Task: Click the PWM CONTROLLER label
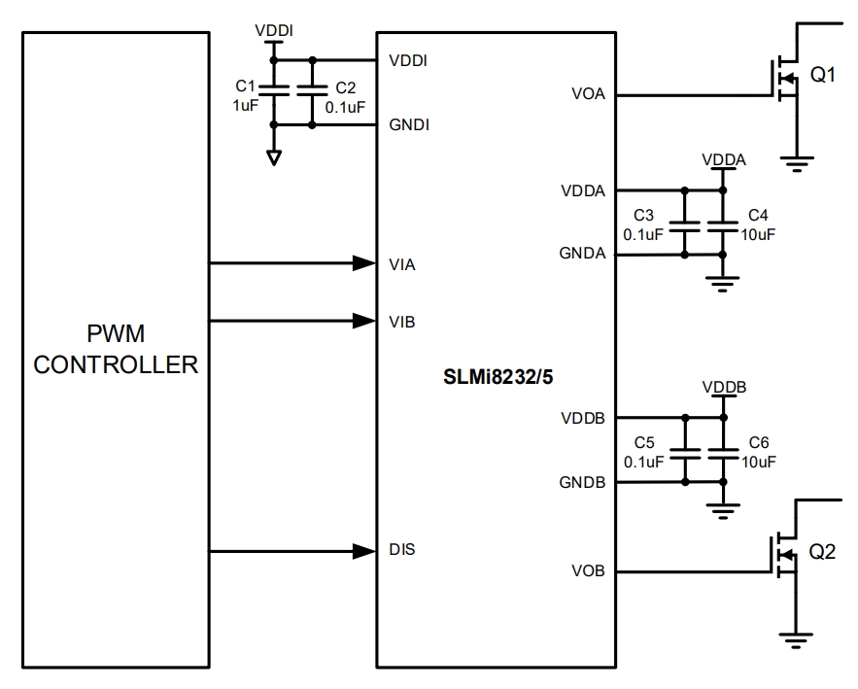[117, 351]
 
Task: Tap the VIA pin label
[401, 263]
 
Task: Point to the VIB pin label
[401, 322]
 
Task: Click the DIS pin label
[401, 551]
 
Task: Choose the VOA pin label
[588, 95]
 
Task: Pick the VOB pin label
[588, 571]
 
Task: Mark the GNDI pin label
[409, 125]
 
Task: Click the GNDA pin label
[583, 255]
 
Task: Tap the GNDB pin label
[583, 483]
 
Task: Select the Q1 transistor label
[822, 76]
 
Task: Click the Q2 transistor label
[822, 552]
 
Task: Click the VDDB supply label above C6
[724, 387]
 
